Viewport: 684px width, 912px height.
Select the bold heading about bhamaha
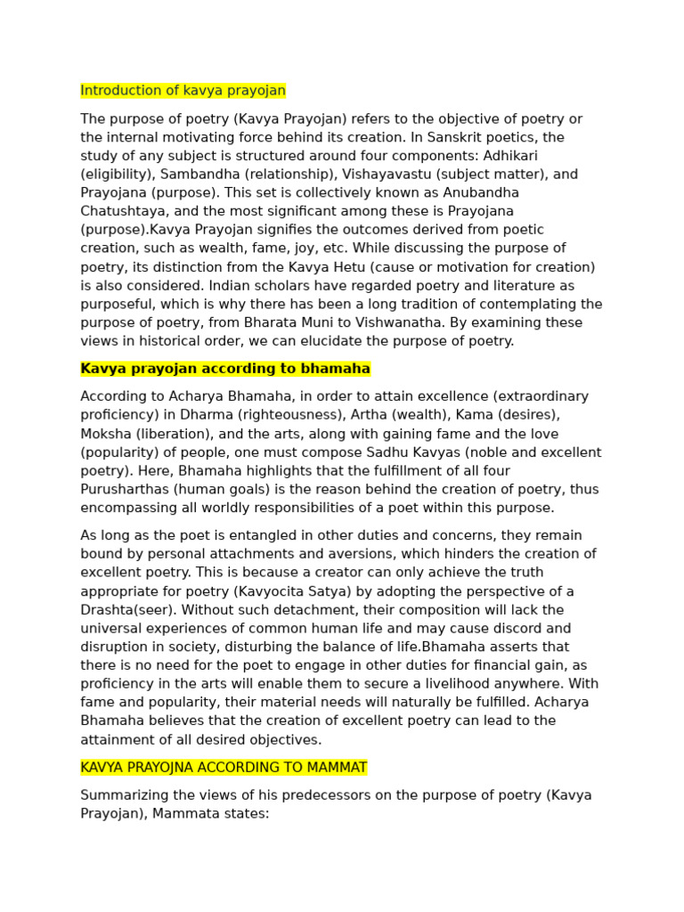[225, 369]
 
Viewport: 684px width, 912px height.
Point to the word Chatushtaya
[121, 211]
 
